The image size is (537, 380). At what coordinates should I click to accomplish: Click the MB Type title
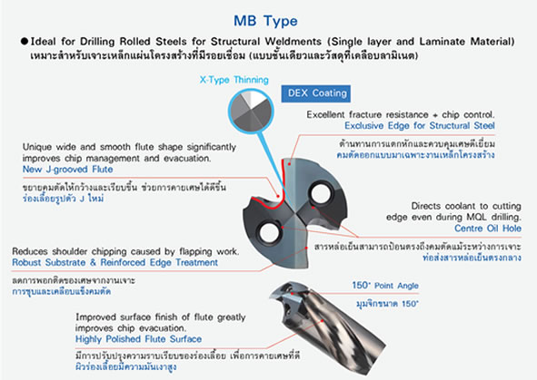[265, 21]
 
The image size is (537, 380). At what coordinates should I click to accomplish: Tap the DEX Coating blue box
[316, 93]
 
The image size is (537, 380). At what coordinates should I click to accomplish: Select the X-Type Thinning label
[234, 80]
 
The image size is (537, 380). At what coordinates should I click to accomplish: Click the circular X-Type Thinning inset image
[251, 111]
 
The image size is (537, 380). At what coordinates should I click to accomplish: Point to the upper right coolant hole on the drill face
[322, 192]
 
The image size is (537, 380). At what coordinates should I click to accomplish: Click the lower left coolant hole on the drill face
[270, 232]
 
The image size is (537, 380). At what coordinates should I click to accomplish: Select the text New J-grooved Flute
[68, 170]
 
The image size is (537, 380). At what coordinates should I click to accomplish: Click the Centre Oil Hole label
[488, 229]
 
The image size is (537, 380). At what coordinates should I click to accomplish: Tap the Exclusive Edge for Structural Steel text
[420, 126]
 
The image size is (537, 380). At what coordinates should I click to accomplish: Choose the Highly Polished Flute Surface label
[138, 339]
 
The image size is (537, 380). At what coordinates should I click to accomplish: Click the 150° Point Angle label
[385, 286]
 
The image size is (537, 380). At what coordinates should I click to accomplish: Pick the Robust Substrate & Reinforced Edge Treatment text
[115, 262]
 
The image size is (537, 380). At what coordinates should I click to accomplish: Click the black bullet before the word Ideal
[24, 42]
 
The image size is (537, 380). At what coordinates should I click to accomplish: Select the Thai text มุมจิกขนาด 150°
[387, 304]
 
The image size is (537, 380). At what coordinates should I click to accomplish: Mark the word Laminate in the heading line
[442, 42]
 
